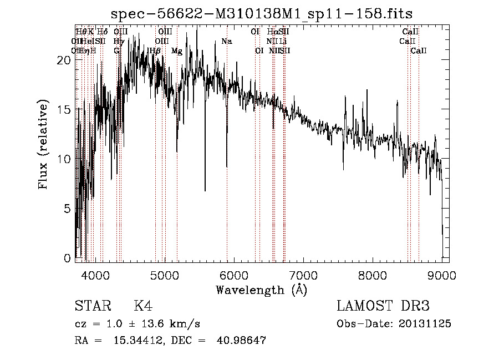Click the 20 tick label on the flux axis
pyautogui.click(x=64, y=60)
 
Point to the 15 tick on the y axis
pyautogui.click(x=64, y=110)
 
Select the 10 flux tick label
pyautogui.click(x=64, y=159)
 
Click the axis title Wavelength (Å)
pyautogui.click(x=261, y=290)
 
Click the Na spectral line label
pyautogui.click(x=226, y=41)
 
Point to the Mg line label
pyautogui.click(x=176, y=51)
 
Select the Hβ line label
pyautogui.click(x=155, y=51)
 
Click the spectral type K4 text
pyautogui.click(x=143, y=306)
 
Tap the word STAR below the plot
pyautogui.click(x=93, y=306)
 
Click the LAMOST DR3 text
pyautogui.click(x=383, y=306)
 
